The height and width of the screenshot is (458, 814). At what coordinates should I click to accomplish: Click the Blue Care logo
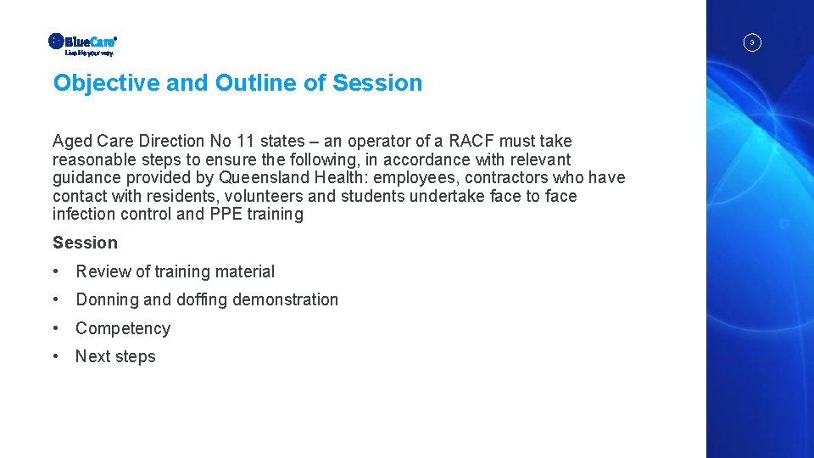tap(82, 41)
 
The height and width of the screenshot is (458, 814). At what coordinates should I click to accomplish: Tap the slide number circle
tap(751, 42)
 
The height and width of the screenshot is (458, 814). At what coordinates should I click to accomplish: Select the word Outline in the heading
tap(249, 83)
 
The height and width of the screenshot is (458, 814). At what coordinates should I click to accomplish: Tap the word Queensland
tap(259, 178)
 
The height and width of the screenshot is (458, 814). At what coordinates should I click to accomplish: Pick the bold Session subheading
tap(85, 243)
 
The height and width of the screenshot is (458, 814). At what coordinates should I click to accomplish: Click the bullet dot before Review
tap(55, 271)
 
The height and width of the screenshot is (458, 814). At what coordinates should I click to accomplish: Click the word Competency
tap(123, 328)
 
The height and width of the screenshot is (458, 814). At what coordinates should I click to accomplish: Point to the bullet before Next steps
tap(55, 356)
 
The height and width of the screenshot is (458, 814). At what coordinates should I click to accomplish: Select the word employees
tap(414, 178)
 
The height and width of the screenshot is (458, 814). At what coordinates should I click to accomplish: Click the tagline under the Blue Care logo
tap(89, 53)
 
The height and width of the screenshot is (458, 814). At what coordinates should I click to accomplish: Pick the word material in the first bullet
tap(245, 271)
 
